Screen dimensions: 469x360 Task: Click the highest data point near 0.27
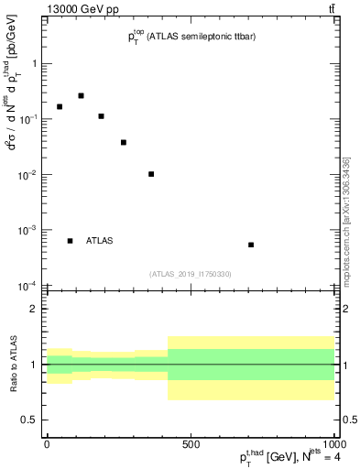pyautogui.click(x=81, y=95)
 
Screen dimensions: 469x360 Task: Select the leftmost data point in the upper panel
pyautogui.click(x=60, y=106)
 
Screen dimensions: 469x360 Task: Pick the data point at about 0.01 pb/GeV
pyautogui.click(x=151, y=174)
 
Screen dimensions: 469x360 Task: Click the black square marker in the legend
pyautogui.click(x=71, y=241)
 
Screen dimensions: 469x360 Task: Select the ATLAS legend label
pyautogui.click(x=100, y=241)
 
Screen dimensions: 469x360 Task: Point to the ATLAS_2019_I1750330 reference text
pyautogui.click(x=191, y=274)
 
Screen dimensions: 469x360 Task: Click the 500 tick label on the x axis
pyautogui.click(x=190, y=444)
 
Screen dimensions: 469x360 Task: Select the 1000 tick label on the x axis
pyautogui.click(x=333, y=444)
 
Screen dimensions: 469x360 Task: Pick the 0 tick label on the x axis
pyautogui.click(x=47, y=444)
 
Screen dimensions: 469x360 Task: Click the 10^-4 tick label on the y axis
pyautogui.click(x=28, y=286)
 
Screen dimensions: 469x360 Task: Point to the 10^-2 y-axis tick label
pyautogui.click(x=28, y=174)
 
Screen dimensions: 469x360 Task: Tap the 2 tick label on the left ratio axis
pyautogui.click(x=34, y=309)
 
